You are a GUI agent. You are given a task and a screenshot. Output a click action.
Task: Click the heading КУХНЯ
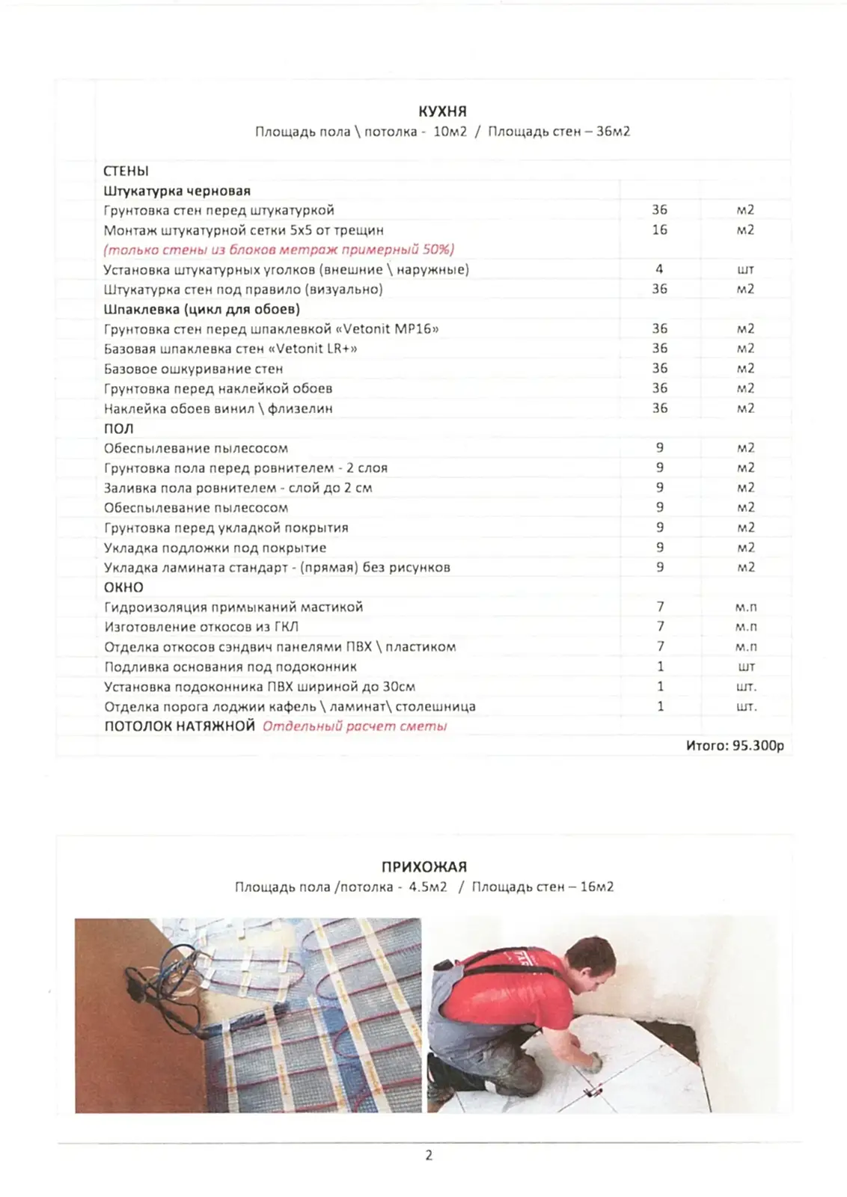tap(442, 111)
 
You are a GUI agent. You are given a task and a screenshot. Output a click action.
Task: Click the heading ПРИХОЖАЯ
tap(423, 867)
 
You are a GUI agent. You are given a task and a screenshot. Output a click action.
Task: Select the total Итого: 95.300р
tap(735, 746)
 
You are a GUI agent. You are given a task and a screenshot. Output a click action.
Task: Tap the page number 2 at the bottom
tap(429, 1155)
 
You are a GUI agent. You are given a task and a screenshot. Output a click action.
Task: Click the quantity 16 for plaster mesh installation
tap(659, 230)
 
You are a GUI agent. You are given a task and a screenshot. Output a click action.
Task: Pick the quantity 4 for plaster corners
tap(659, 269)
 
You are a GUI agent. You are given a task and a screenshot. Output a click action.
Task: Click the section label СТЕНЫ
tap(126, 171)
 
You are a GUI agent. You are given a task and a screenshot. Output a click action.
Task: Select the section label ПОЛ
tap(118, 429)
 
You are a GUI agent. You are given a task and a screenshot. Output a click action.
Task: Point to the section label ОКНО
tap(123, 587)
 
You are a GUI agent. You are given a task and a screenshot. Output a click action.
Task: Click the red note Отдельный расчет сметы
tap(354, 726)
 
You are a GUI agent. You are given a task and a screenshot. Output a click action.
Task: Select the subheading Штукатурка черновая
tap(177, 191)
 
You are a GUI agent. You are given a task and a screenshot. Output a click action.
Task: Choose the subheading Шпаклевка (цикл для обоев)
tap(201, 309)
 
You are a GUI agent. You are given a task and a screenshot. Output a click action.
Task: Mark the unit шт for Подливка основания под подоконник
tap(746, 667)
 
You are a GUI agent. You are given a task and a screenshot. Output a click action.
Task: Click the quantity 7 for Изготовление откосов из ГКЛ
tap(660, 627)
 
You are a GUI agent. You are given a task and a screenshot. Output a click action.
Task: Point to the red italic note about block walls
tap(278, 250)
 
